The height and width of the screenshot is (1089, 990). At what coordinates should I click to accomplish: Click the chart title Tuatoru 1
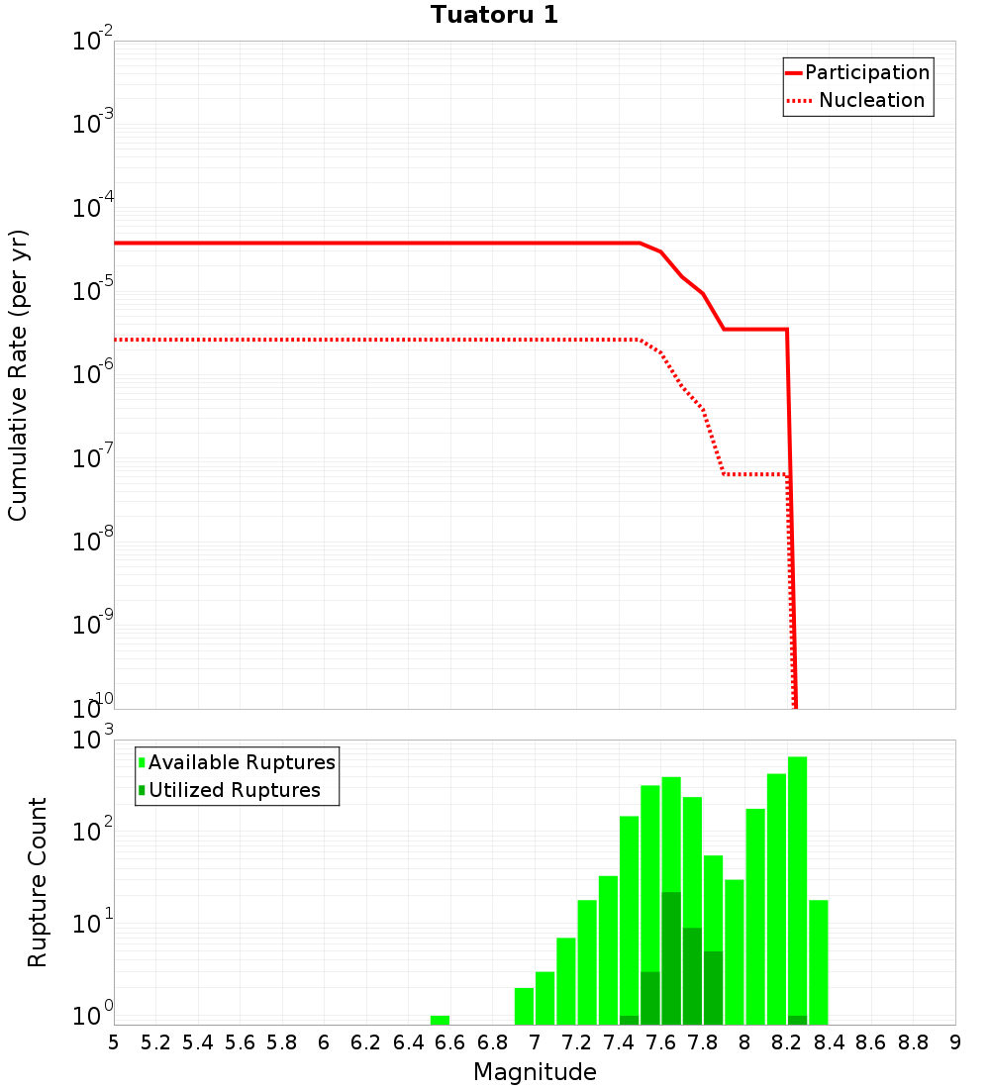coord(494,16)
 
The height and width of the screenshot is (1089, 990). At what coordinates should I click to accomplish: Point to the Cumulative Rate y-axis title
coord(19,375)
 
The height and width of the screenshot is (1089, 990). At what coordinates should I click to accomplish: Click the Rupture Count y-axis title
coord(38,882)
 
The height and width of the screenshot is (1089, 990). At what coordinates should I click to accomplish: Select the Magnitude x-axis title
coord(535,1072)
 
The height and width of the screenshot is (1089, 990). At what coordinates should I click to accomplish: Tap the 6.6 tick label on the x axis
coord(449,1041)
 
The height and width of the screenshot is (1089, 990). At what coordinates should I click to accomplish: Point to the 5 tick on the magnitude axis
coord(114,1041)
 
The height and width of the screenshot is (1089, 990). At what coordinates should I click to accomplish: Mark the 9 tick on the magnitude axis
coord(954,1041)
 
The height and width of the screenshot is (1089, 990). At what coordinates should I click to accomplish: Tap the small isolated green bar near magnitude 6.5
coord(440,1020)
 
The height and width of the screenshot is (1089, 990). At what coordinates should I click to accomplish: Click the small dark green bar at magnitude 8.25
coord(797,1020)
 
